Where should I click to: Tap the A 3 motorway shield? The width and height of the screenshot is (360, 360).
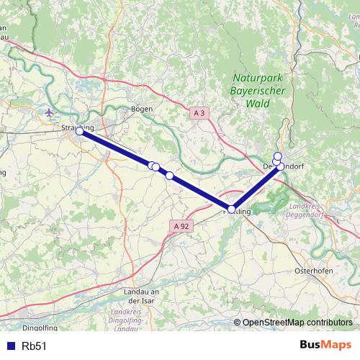(x=199, y=113)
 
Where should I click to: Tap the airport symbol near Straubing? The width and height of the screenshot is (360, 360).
(x=49, y=112)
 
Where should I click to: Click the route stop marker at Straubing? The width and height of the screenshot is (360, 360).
(x=79, y=132)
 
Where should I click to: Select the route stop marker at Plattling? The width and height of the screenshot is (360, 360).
(x=231, y=210)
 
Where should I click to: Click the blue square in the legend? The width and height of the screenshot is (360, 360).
(x=9, y=346)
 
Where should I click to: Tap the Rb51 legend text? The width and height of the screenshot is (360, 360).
(x=34, y=346)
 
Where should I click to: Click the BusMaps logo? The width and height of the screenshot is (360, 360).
(x=325, y=345)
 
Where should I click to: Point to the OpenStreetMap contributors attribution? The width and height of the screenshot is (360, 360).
(x=297, y=323)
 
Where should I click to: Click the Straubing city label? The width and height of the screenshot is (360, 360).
(x=78, y=128)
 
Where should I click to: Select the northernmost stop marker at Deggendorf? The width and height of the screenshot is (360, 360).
(x=278, y=156)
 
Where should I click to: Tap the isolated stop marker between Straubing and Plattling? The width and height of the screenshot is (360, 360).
(x=169, y=175)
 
